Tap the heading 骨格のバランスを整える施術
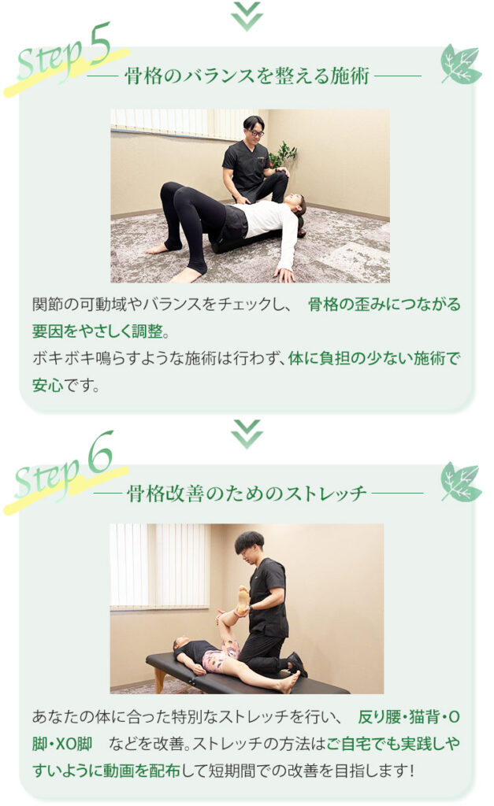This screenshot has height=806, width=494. [x=247, y=76]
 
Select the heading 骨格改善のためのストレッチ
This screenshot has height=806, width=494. [x=247, y=494]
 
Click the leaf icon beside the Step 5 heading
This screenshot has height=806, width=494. [x=461, y=65]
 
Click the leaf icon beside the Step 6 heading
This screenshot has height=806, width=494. [x=461, y=482]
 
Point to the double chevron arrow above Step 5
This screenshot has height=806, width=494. [x=247, y=16]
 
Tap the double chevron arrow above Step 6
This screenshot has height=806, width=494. [x=247, y=434]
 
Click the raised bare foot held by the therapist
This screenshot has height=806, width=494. [x=243, y=599]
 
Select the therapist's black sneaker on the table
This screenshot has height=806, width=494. [x=298, y=663]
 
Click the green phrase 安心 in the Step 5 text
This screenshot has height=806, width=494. [x=47, y=385]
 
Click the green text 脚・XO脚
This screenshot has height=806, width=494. [x=62, y=744]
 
